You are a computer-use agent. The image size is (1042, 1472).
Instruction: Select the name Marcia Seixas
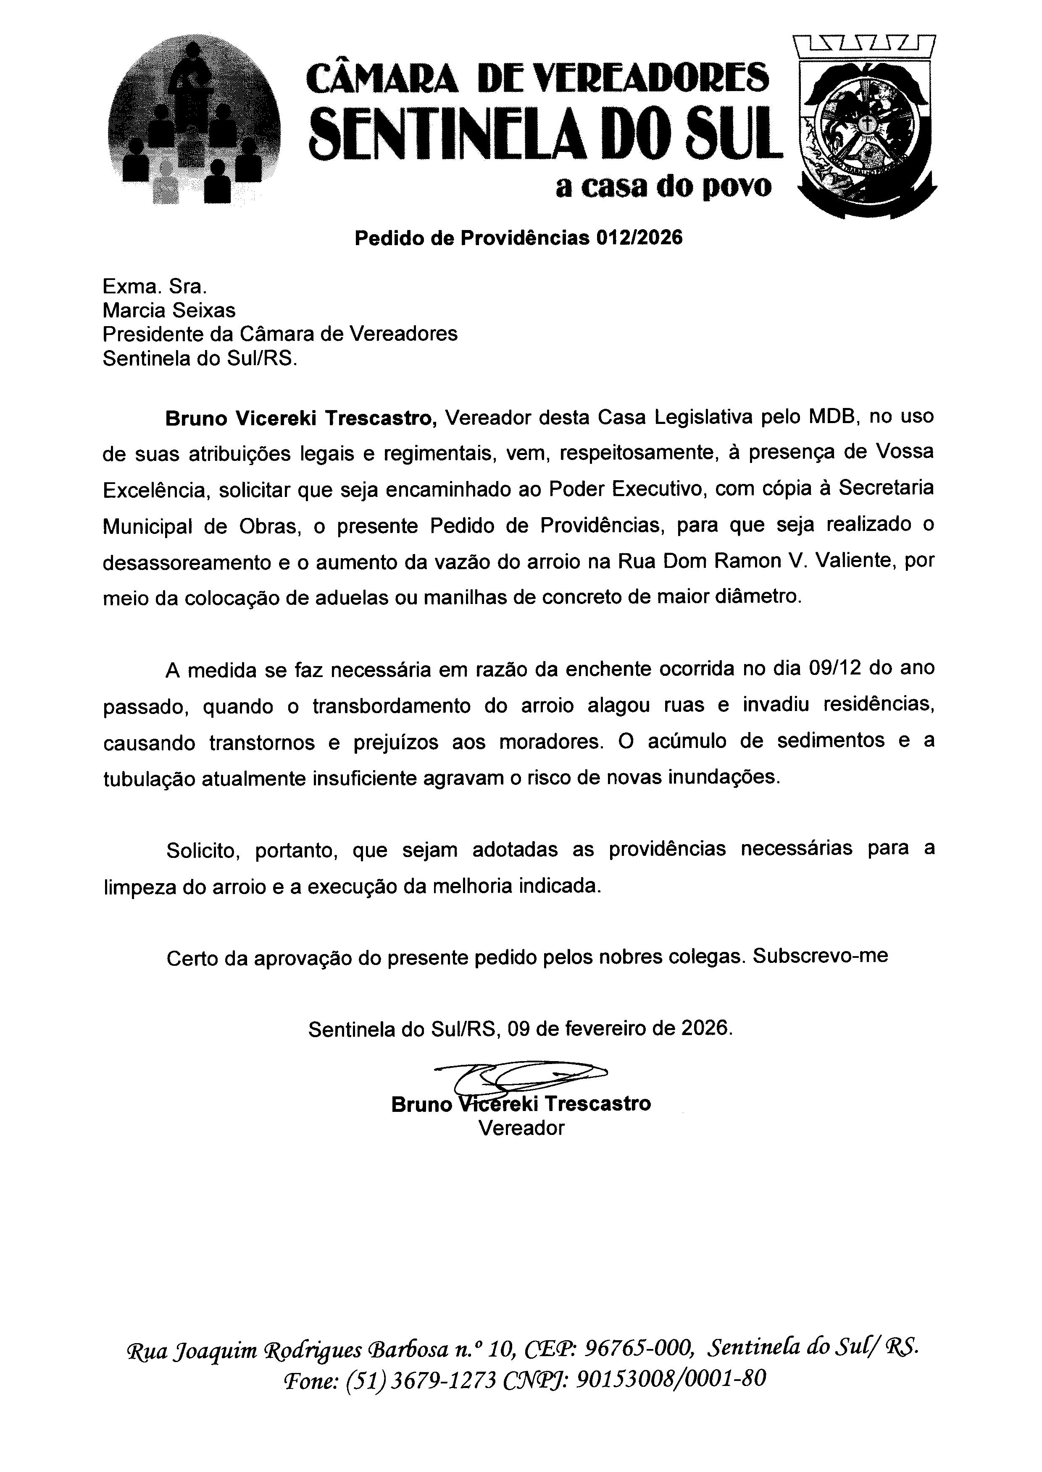(169, 310)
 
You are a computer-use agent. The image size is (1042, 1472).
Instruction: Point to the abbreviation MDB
(833, 417)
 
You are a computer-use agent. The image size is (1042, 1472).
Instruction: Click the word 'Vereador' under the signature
(521, 1128)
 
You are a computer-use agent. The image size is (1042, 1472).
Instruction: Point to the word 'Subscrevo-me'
(821, 956)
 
